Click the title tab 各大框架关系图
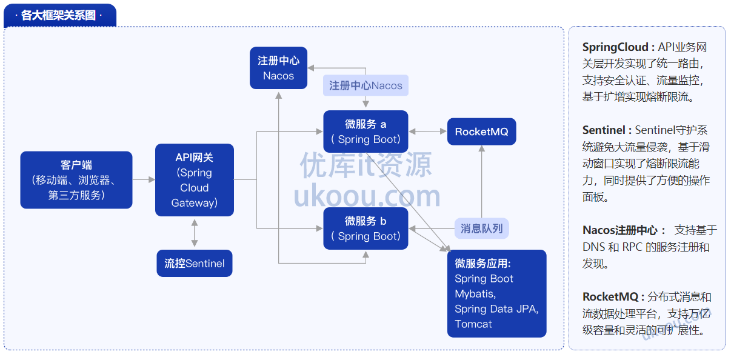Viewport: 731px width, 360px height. coord(59,15)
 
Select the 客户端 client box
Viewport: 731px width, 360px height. coord(76,179)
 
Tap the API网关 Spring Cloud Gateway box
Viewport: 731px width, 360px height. coord(195,180)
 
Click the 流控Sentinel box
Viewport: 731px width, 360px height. coord(195,264)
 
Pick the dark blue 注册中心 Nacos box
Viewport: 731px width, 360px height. coord(278,68)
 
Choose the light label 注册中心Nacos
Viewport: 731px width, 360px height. coord(365,85)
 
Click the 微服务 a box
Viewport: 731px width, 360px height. coord(365,132)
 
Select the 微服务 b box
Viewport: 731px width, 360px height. coord(365,228)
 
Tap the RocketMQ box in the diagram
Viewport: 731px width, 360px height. coord(481,132)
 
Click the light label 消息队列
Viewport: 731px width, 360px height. coord(481,228)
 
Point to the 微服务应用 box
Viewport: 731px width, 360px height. coord(496,293)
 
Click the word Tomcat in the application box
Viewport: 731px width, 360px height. coord(473,324)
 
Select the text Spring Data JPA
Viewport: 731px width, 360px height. coord(496,309)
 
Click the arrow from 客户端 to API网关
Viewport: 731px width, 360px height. coord(144,179)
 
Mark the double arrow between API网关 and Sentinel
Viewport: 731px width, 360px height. coord(195,233)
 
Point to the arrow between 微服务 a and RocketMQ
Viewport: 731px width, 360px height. coord(427,132)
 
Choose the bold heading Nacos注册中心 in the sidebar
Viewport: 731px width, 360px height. coord(620,230)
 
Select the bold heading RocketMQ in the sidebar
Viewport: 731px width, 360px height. coord(613,297)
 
